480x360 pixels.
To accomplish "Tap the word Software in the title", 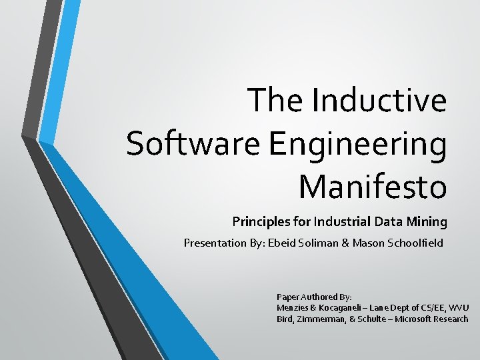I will pos(176,145).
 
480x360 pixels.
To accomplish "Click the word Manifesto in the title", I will pos(372,186).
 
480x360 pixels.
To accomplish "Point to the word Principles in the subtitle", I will pos(259,221).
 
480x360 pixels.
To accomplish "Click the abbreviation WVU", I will pos(459,307).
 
